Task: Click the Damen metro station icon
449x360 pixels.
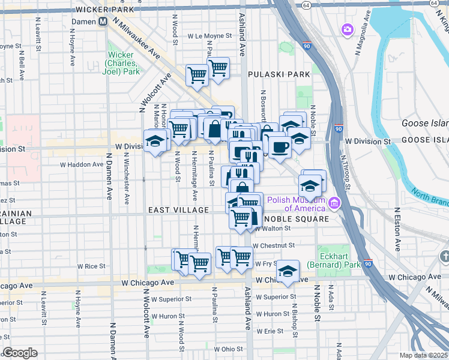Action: [x=103, y=21]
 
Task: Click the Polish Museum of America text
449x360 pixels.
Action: [x=295, y=204]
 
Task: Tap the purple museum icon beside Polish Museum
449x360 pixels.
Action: [x=334, y=204]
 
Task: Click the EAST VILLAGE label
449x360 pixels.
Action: [x=179, y=210]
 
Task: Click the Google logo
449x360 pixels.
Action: [x=20, y=353]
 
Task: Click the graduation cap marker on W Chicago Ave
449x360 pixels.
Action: [x=288, y=271]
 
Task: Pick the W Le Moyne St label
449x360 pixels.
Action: [x=209, y=36]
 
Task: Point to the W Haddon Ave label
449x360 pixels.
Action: [x=81, y=164]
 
